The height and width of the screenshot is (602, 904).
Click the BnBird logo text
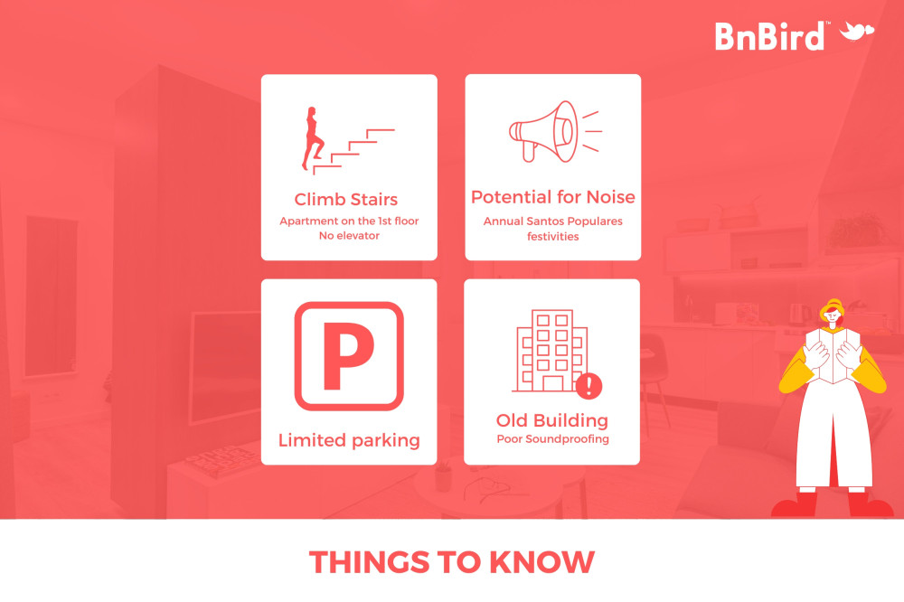click(x=769, y=36)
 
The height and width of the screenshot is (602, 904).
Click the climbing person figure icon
click(x=313, y=138)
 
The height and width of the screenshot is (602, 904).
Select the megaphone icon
click(x=554, y=131)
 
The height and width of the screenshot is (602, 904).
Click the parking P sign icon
click(x=349, y=356)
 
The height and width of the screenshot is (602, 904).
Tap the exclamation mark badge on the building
click(x=589, y=385)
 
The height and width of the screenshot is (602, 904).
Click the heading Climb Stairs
click(x=346, y=200)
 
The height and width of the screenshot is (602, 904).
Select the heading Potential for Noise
click(x=553, y=197)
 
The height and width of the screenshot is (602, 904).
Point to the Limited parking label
click(x=349, y=440)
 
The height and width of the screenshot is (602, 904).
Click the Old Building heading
click(x=552, y=420)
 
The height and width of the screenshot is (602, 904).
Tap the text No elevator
click(x=349, y=235)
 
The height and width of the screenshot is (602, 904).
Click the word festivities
click(x=553, y=237)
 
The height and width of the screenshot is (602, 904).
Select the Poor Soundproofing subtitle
click(x=553, y=438)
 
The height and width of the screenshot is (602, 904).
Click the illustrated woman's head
click(x=833, y=314)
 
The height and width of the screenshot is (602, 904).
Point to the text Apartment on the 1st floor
click(x=349, y=221)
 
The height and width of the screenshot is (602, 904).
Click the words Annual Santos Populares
click(x=553, y=221)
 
